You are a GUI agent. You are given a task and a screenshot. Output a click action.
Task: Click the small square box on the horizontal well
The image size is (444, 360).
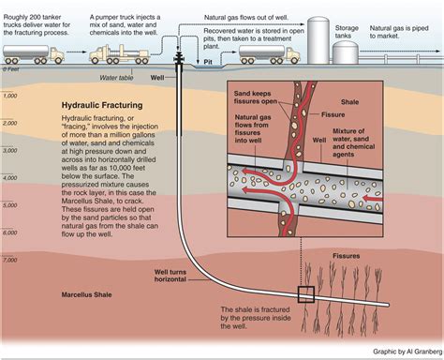coord(305,293)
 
